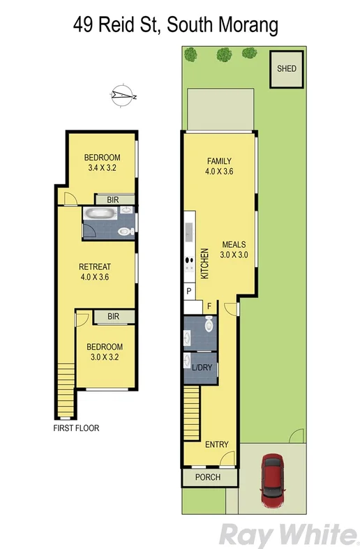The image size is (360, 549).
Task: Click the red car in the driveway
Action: pyautogui.click(x=272, y=481)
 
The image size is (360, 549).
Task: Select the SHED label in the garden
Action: pyautogui.click(x=286, y=68)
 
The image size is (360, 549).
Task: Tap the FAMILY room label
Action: pyautogui.click(x=218, y=161)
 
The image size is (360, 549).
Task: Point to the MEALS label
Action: pyautogui.click(x=234, y=245)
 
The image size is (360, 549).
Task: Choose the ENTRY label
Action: pyautogui.click(x=217, y=444)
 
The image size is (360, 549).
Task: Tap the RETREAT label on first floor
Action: pyautogui.click(x=95, y=266)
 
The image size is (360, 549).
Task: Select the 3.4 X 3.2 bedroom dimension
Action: pyautogui.click(x=102, y=168)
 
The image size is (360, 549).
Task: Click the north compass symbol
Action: pyautogui.click(x=125, y=96)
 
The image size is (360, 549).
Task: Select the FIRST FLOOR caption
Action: pyautogui.click(x=76, y=428)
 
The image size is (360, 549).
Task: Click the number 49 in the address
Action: pyautogui.click(x=84, y=26)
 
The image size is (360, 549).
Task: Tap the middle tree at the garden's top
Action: pyautogui.click(x=224, y=53)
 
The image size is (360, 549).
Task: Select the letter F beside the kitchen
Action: pyautogui.click(x=208, y=306)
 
